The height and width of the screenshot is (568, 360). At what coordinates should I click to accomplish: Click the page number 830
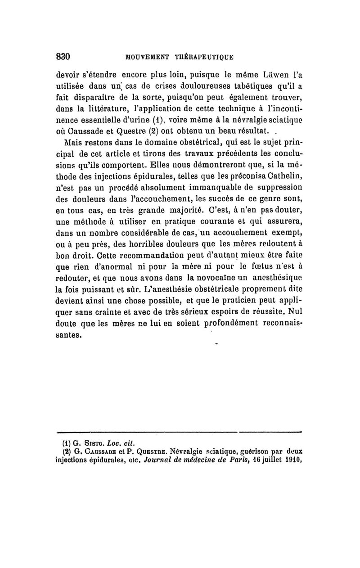(63, 57)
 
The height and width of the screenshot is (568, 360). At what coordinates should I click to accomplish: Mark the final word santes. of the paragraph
(69, 335)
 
